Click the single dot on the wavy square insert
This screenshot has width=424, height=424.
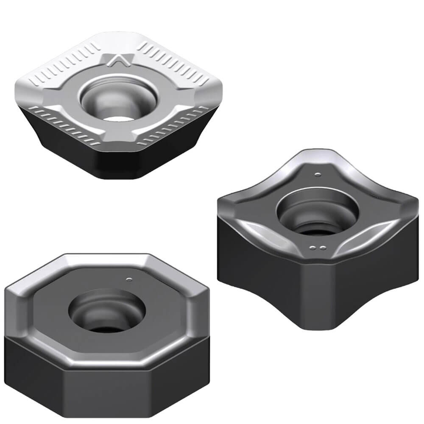(x=318, y=173)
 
